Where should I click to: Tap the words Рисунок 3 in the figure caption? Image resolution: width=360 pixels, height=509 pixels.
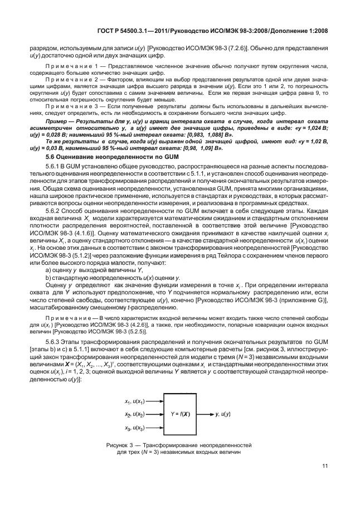[119, 445]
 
